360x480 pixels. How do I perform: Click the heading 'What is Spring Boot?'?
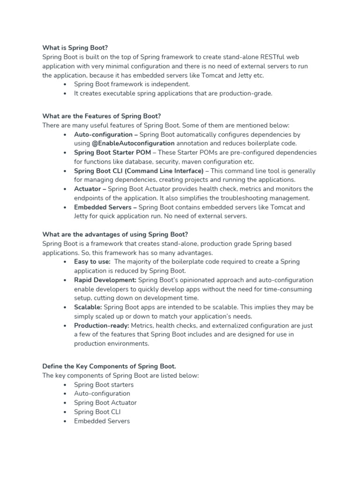75,48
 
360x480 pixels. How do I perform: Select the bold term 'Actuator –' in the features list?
90,189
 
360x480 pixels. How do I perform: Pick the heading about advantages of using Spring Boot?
115,234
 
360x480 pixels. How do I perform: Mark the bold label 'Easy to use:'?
92,262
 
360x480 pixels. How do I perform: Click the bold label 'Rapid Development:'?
105,280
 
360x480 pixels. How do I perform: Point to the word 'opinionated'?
182,280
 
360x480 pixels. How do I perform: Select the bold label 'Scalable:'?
88,307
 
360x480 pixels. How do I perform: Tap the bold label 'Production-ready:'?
102,325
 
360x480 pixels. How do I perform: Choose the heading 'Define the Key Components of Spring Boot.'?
109,367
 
